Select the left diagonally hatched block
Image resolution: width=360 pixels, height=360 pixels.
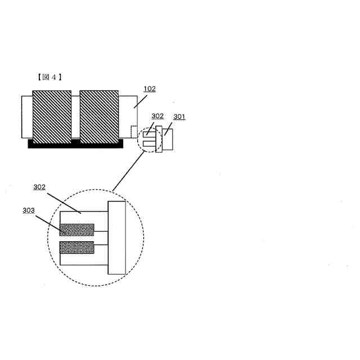[52, 116]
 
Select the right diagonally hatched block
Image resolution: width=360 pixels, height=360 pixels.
[99, 116]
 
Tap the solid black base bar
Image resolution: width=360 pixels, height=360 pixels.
[75, 144]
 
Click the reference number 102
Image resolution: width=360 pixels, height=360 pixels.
[150, 89]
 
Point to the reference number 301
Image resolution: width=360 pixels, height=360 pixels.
[179, 116]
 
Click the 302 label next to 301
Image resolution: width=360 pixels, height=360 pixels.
[157, 116]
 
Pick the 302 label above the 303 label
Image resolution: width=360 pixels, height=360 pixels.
[39, 187]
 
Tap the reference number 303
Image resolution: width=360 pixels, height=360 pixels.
[29, 210]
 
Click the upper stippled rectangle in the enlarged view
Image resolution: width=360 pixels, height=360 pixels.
[77, 229]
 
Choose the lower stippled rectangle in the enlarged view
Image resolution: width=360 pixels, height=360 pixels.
[77, 247]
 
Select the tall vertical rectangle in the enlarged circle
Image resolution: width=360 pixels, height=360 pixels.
[116, 237]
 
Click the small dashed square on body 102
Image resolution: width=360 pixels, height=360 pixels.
[134, 130]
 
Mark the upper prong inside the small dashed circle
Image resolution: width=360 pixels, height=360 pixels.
[148, 134]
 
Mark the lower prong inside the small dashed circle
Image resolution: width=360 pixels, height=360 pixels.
[148, 145]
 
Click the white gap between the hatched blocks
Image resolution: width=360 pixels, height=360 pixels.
[75, 116]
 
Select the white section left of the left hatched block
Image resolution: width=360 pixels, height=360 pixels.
[27, 116]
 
